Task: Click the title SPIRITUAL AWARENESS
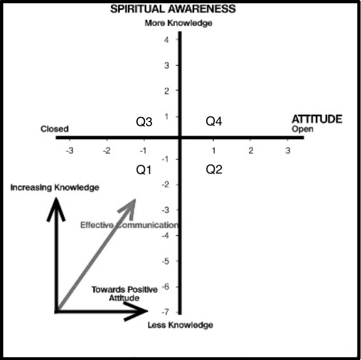point(173,9)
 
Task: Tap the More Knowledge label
point(179,23)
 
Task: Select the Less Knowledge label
point(180,325)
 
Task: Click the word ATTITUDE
point(317,119)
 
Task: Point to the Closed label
point(54,129)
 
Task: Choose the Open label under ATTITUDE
point(302,129)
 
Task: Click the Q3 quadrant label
point(144,121)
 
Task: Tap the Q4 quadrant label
point(214,121)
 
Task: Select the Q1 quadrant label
point(144,170)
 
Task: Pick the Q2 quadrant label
point(214,169)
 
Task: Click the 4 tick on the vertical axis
point(167,40)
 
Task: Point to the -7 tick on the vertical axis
point(165,312)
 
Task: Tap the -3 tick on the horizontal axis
point(69,151)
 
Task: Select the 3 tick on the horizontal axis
point(288,151)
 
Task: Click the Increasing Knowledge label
point(55,187)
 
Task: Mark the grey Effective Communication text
point(129,225)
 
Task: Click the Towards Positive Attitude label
point(125,293)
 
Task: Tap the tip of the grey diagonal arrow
point(135,199)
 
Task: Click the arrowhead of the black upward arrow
point(56,198)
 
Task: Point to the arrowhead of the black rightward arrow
point(147,311)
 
